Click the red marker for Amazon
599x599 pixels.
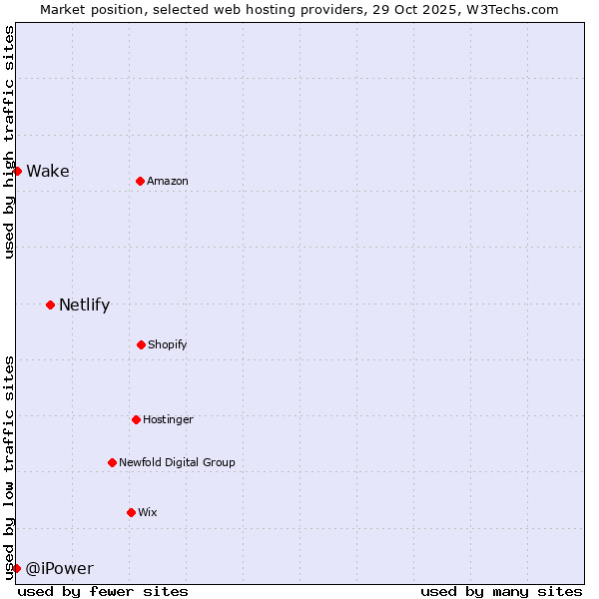click(x=140, y=181)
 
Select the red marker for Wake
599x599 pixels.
click(x=17, y=171)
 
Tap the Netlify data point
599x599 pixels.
click(x=50, y=304)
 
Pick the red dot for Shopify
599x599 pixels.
click(x=141, y=344)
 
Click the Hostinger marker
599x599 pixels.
click(x=136, y=419)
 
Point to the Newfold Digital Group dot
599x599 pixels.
click(x=112, y=462)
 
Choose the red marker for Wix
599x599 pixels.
click(x=131, y=512)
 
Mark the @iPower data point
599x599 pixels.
click(x=16, y=568)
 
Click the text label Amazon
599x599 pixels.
click(x=168, y=181)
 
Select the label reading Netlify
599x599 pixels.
click(x=84, y=305)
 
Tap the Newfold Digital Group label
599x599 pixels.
click(x=177, y=462)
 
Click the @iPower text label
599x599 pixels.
click(x=59, y=569)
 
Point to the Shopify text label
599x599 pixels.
click(x=168, y=344)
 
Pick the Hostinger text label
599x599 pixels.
click(x=168, y=419)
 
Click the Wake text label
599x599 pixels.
click(x=48, y=172)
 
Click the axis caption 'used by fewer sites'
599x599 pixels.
click(x=103, y=591)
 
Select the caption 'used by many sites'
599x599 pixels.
click(x=501, y=591)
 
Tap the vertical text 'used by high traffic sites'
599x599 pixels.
click(x=9, y=142)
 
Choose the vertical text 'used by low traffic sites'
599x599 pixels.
click(x=9, y=467)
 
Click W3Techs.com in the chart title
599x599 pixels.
click(x=511, y=9)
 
